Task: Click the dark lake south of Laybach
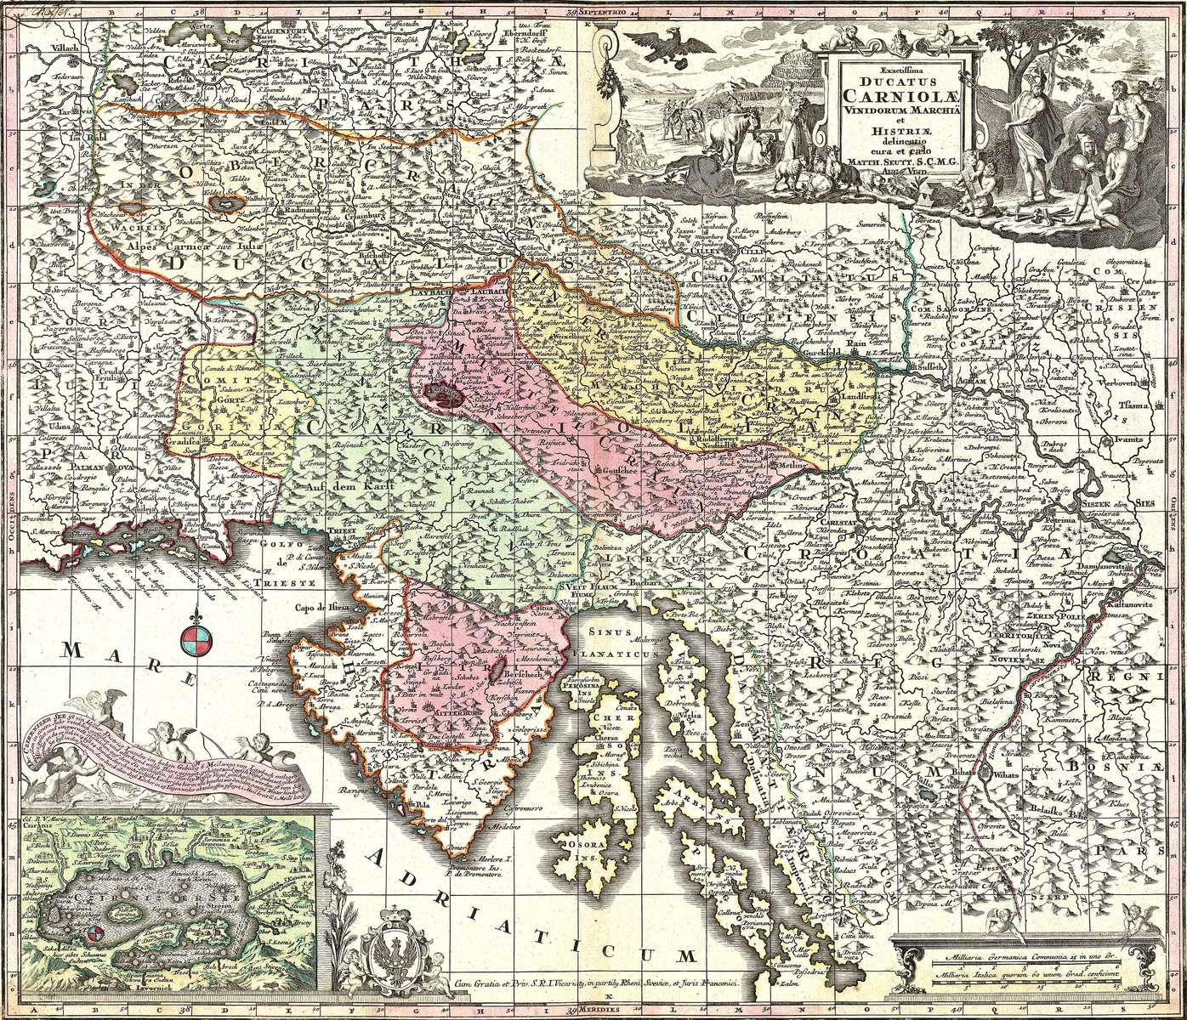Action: [443, 394]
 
